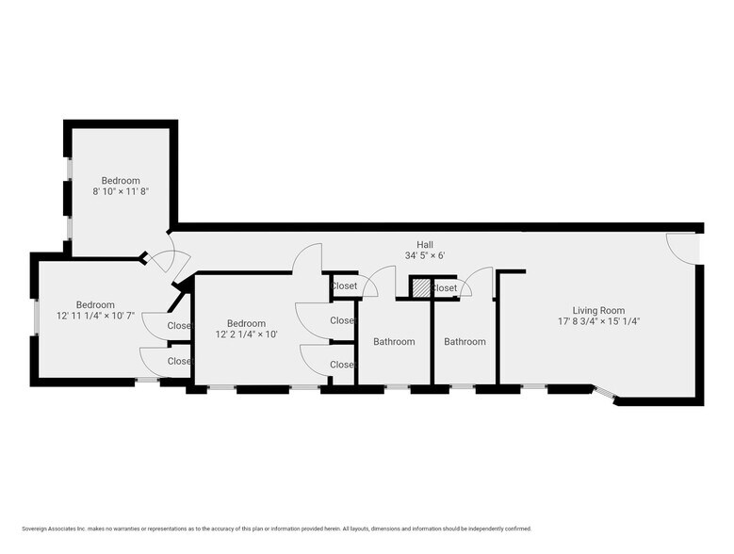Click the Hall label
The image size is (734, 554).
pyautogui.click(x=424, y=244)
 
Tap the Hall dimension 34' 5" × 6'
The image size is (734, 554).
pyautogui.click(x=424, y=255)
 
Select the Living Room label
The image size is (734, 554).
pyautogui.click(x=598, y=310)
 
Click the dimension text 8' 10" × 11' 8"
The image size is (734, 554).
pyautogui.click(x=121, y=191)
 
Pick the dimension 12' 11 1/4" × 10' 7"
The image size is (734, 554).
pyautogui.click(x=95, y=316)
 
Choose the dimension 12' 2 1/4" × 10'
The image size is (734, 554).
pyautogui.click(x=246, y=334)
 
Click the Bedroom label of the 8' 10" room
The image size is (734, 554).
pyautogui.click(x=121, y=180)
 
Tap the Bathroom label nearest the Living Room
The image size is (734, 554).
pyautogui.click(x=465, y=342)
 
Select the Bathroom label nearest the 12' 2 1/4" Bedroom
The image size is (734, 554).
pyautogui.click(x=394, y=342)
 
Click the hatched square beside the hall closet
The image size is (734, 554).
pyautogui.click(x=420, y=287)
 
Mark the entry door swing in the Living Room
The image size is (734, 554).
pyautogui.click(x=680, y=248)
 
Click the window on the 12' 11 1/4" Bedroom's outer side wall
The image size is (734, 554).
pyautogui.click(x=36, y=317)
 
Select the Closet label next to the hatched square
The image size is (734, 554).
pyautogui.click(x=445, y=288)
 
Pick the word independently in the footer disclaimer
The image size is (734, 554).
pyautogui.click(x=478, y=529)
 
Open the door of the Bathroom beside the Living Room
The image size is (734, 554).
pyautogui.click(x=478, y=282)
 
